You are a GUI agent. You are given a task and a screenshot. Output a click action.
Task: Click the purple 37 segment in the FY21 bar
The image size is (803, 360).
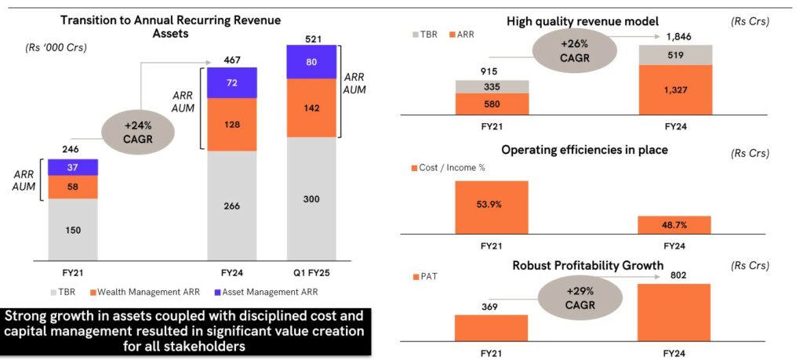pyautogui.click(x=72, y=166)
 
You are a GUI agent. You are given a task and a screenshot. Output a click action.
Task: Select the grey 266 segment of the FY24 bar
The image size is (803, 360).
pyautogui.click(x=231, y=205)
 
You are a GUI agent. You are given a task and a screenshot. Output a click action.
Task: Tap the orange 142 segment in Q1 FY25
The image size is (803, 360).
pyautogui.click(x=311, y=107)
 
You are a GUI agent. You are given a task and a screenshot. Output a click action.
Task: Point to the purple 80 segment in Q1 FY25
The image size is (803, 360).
pyautogui.click(x=311, y=61)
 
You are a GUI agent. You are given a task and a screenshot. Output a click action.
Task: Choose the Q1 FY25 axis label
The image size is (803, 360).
pyautogui.click(x=311, y=273)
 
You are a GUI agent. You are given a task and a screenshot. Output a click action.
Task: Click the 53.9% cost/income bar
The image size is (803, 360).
pyautogui.click(x=491, y=207)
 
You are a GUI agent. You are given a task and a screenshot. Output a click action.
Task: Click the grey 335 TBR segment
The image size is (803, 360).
pyautogui.click(x=491, y=86)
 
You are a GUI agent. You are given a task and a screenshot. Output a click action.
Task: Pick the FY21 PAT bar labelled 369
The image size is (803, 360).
pyautogui.click(x=491, y=328)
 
